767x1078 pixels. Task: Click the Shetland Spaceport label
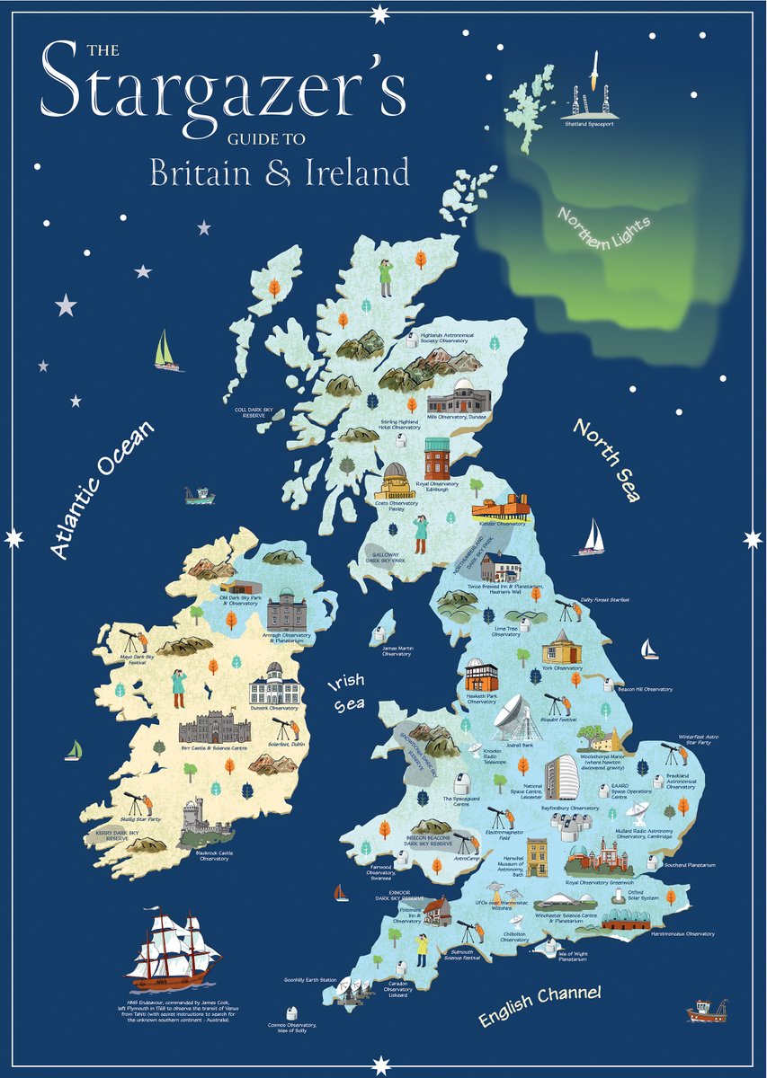click(590, 125)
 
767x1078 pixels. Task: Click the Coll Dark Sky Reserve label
click(259, 413)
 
